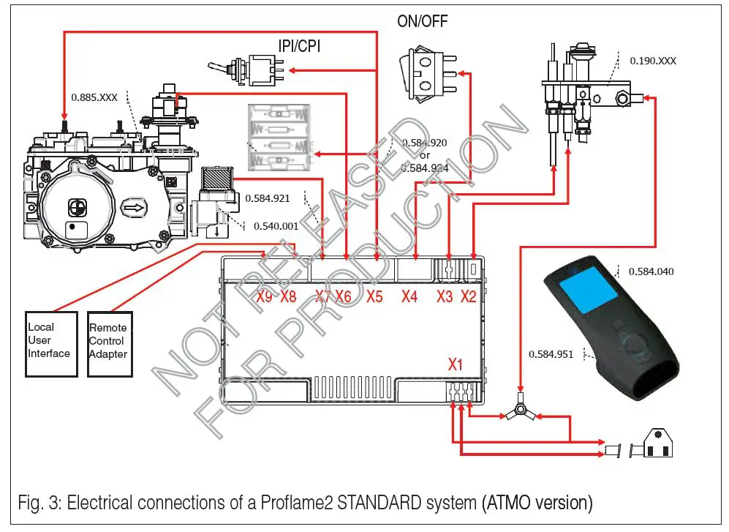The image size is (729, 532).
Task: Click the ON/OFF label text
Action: pyautogui.click(x=422, y=21)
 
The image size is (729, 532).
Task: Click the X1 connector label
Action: pyautogui.click(x=455, y=364)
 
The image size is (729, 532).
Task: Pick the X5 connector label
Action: pyautogui.click(x=375, y=297)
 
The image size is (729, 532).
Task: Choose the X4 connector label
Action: pyautogui.click(x=409, y=297)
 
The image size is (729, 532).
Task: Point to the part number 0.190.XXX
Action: pyautogui.click(x=652, y=61)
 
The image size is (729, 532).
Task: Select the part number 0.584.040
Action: pyautogui.click(x=651, y=271)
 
